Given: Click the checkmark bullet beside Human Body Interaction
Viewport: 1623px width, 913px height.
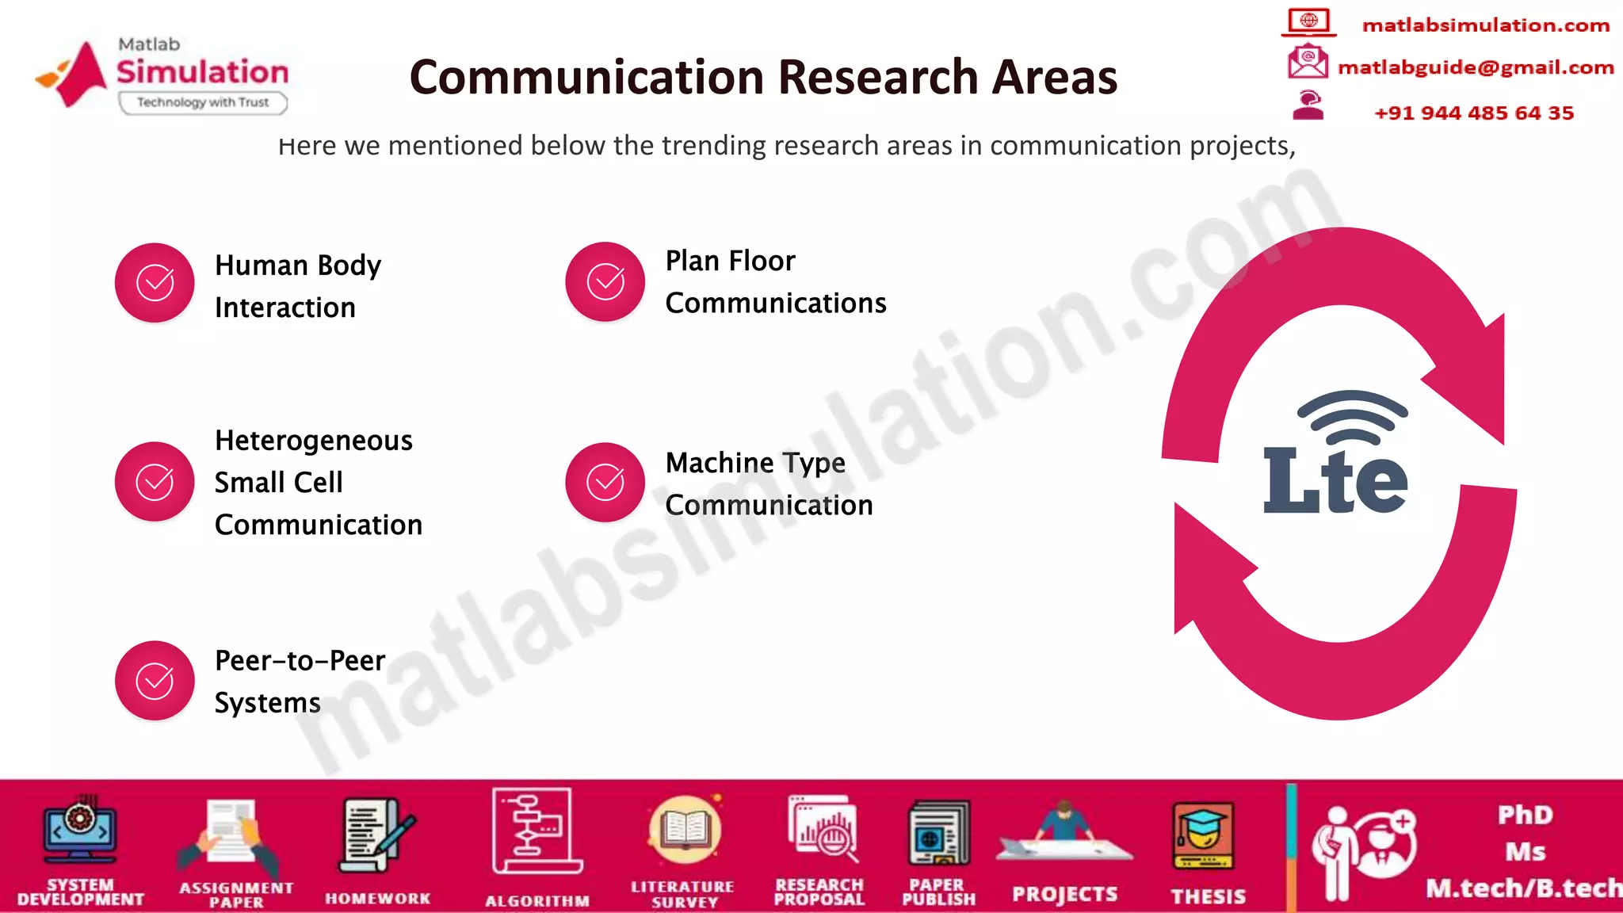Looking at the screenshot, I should (155, 283).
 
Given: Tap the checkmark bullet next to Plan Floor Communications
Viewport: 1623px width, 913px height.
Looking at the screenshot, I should (605, 282).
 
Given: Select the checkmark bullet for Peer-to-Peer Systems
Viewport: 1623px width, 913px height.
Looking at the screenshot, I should (155, 681).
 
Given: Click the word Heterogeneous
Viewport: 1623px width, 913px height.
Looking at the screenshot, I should (314, 441).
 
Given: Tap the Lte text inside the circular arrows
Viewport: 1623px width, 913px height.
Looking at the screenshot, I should (1335, 480).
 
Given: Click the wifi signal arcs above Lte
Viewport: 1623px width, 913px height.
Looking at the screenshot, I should (1352, 415).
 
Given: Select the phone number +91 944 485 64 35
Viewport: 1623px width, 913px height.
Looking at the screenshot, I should (1474, 113).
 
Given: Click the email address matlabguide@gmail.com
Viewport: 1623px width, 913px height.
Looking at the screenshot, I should (1476, 68).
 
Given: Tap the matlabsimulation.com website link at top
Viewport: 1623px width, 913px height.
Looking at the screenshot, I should (1486, 25).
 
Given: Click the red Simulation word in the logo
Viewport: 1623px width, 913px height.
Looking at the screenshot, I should (203, 72).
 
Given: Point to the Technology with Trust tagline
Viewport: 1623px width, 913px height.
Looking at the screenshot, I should (203, 102).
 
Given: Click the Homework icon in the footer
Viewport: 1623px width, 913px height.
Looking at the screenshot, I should (376, 835).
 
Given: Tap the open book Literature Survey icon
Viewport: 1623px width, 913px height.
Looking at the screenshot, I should (685, 831).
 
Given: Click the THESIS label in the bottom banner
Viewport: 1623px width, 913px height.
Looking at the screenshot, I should (1209, 896).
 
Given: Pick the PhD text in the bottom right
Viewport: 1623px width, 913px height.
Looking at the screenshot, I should (1526, 815).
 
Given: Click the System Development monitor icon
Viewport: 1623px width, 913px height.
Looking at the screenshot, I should (80, 830).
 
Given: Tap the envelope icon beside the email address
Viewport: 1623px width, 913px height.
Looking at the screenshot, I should (1308, 62).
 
